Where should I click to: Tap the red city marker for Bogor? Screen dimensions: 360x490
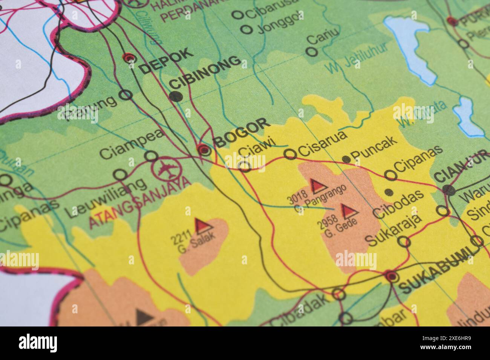point(204,150)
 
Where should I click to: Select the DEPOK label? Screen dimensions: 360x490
point(166,60)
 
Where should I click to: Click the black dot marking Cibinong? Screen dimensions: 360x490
point(176,97)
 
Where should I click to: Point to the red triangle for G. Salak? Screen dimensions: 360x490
point(202,225)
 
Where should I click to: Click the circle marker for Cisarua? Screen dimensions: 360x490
point(290,154)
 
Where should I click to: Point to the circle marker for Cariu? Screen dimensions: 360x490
point(311,52)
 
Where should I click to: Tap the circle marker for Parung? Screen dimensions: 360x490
point(126,95)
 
